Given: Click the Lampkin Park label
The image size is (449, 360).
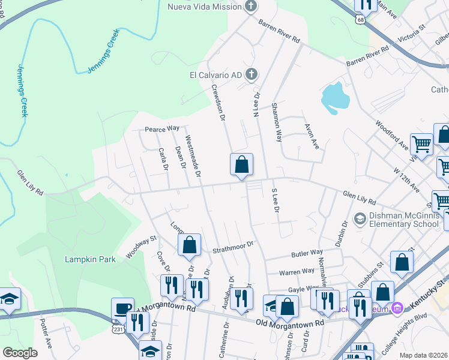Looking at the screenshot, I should point(86,260).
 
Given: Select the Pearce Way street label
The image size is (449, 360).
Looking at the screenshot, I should point(162,128).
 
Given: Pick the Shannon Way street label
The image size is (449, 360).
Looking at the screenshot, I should point(277,121).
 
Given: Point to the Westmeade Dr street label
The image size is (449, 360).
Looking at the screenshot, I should point(193,155).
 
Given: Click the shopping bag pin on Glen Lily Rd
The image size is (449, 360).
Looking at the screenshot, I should point(241,164).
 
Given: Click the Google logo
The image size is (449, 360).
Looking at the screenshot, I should point(20,352).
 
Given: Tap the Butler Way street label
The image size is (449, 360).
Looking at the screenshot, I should point(307,254).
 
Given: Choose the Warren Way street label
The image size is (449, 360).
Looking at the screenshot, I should point(297,271).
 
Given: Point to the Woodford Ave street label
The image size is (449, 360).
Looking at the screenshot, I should point(392,135).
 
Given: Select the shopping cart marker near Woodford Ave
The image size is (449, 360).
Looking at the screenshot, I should point(422,144).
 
